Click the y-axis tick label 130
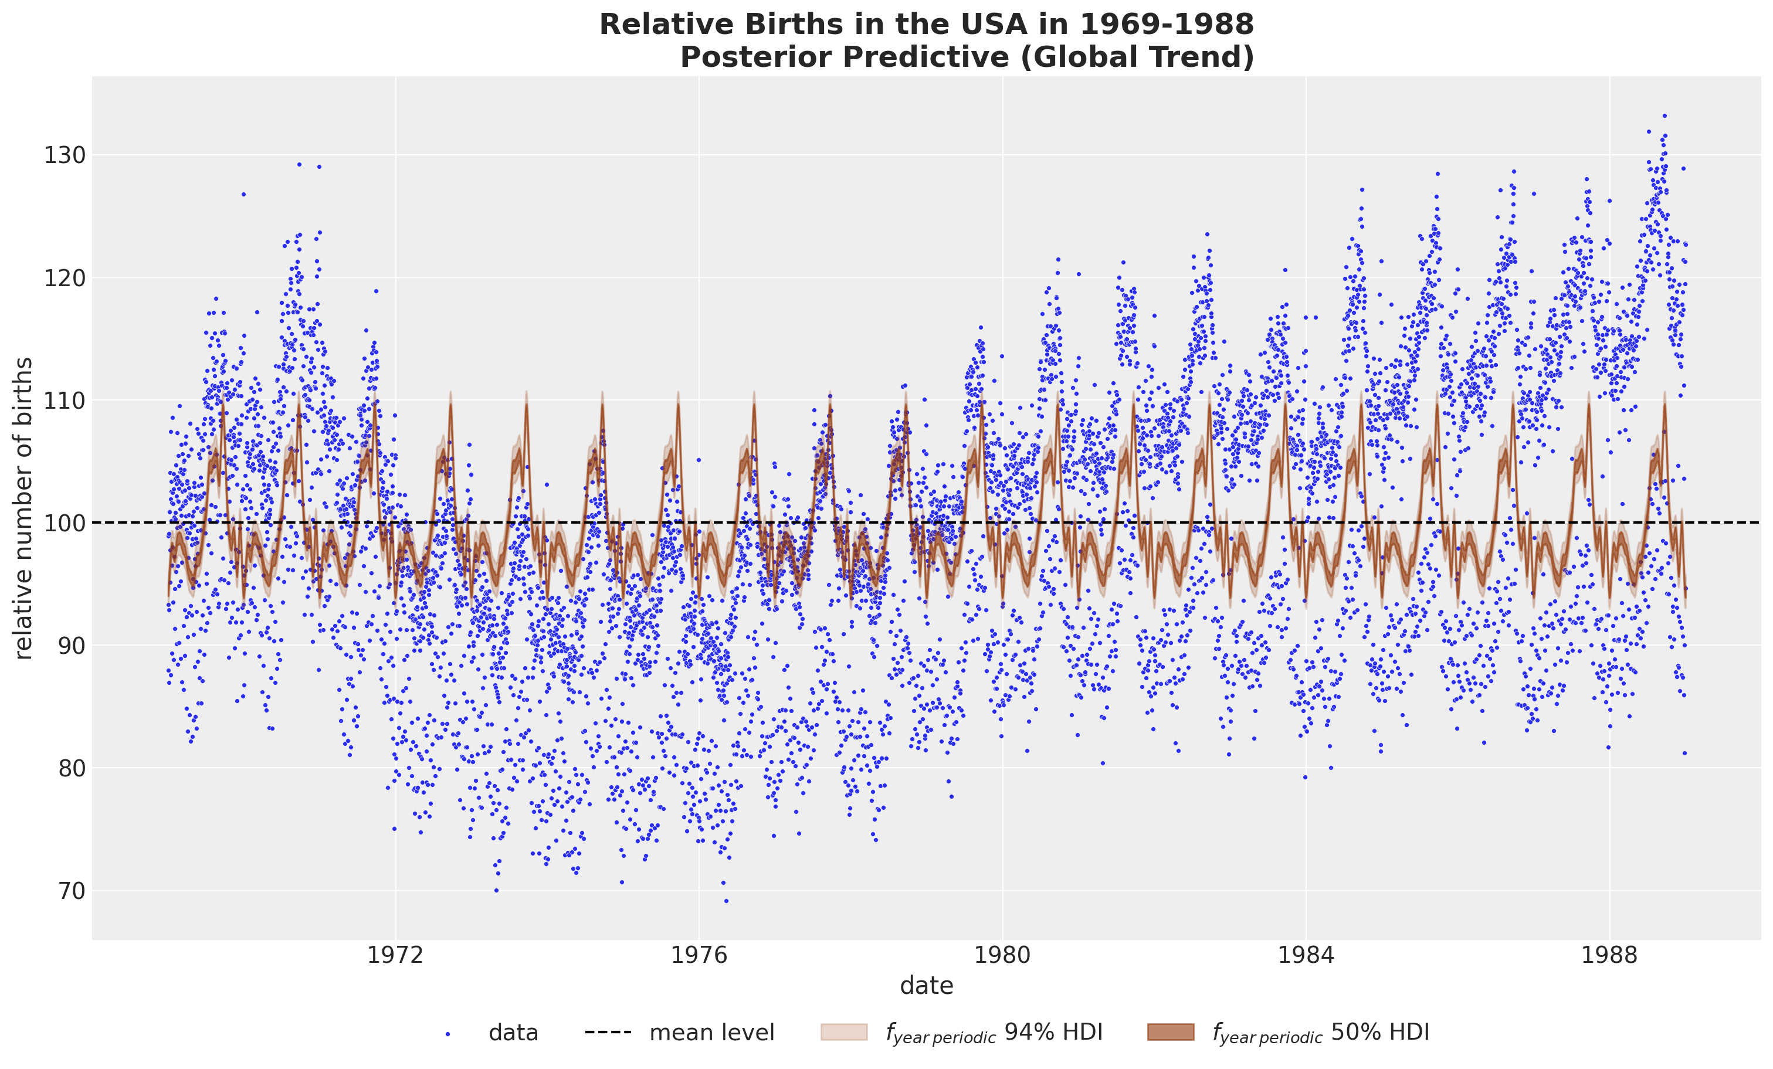pyautogui.click(x=65, y=155)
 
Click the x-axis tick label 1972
pyautogui.click(x=395, y=955)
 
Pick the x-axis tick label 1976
pyautogui.click(x=699, y=955)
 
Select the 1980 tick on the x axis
pyautogui.click(x=1002, y=955)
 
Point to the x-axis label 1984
pyautogui.click(x=1306, y=955)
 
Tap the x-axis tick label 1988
pyautogui.click(x=1610, y=955)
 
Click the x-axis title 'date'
pyautogui.click(x=926, y=986)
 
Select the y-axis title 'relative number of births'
pyautogui.click(x=23, y=508)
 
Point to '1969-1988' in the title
pyautogui.click(x=1167, y=25)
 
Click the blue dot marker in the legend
pyautogui.click(x=448, y=1034)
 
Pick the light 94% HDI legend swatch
pyautogui.click(x=843, y=1032)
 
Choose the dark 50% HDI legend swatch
pyautogui.click(x=1171, y=1032)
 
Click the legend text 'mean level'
pyautogui.click(x=711, y=1033)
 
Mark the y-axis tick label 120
pyautogui.click(x=65, y=278)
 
